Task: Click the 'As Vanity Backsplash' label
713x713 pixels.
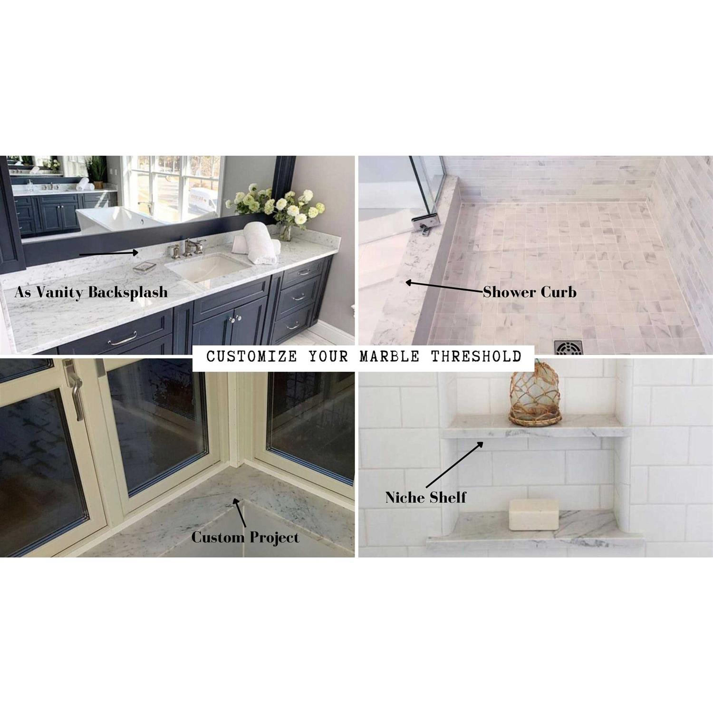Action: (91, 292)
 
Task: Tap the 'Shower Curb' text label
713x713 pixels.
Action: (530, 292)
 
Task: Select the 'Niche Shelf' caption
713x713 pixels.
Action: (426, 497)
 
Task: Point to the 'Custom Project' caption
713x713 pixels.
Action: (245, 537)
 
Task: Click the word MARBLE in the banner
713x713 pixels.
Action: (389, 356)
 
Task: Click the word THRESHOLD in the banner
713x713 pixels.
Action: (476, 356)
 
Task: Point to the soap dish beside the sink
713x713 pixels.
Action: (144, 267)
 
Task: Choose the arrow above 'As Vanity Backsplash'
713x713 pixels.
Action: (109, 253)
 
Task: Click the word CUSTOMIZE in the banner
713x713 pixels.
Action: (251, 356)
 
